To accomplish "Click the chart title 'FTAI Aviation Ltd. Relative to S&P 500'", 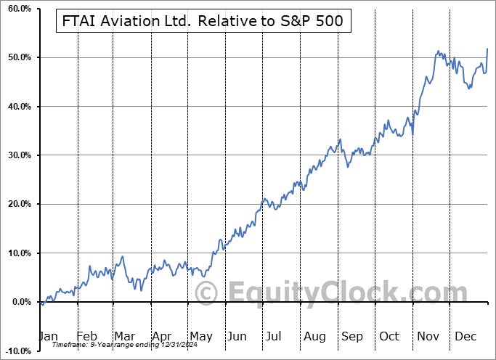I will coord(203,22).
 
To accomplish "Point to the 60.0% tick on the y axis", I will coord(16,9).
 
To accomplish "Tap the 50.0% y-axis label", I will coord(16,57).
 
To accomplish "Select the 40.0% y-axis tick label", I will coord(16,107).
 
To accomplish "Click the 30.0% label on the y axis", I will coord(16,155).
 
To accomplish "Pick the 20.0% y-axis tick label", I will coord(16,204).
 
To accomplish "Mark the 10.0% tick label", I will coord(16,253).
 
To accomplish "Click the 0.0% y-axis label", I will coord(18,302).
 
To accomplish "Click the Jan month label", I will coord(47,336).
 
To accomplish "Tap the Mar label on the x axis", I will coord(123,336).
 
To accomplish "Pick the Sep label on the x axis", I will coord(351,336).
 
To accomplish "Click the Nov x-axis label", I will coord(428,336).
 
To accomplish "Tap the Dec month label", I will coord(465,336).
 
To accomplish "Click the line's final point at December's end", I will coord(487,49).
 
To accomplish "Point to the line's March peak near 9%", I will coord(123,256).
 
